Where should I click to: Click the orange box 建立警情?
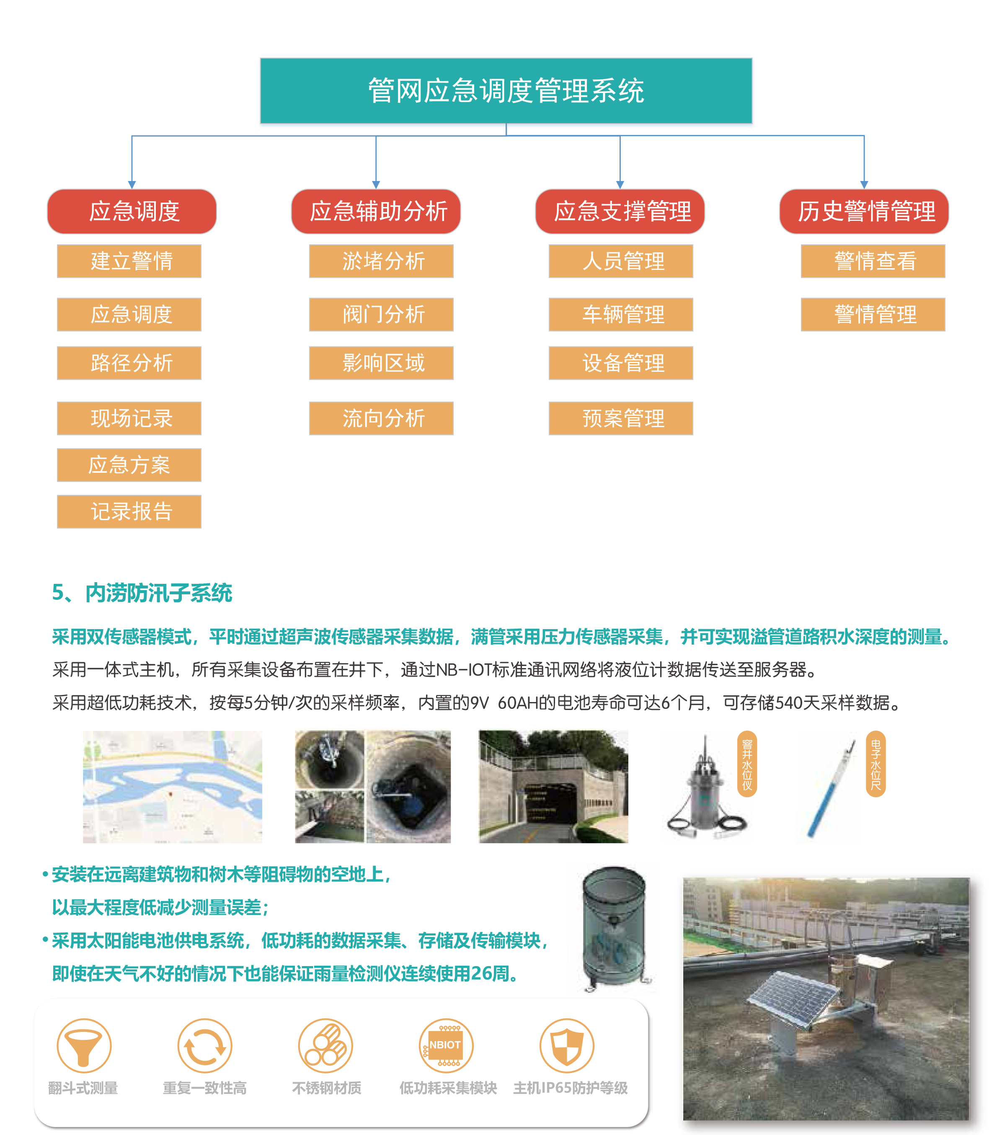point(129,261)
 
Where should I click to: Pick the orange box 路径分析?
point(129,363)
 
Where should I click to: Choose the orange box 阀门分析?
point(381,315)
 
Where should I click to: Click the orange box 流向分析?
point(381,418)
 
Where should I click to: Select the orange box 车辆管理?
point(621,315)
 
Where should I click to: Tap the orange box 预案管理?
point(621,418)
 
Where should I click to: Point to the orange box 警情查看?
point(873,261)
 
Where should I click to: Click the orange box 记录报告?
point(129,511)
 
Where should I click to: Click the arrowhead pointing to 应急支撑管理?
point(620,184)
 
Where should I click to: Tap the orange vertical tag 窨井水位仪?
point(747,764)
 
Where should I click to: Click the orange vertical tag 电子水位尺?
point(875,764)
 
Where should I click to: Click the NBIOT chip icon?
point(446,1045)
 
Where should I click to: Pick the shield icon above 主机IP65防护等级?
point(567,1045)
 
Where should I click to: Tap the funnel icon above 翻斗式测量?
point(84,1045)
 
